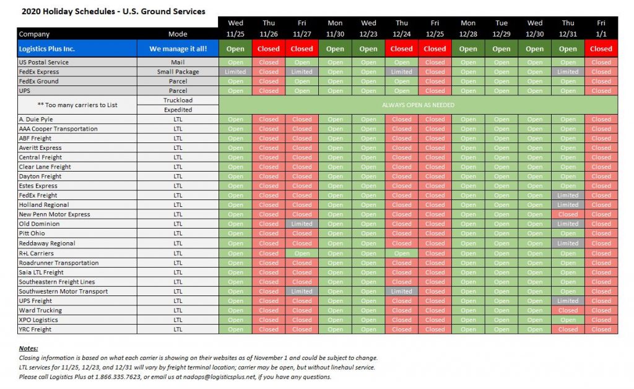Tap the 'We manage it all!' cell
point(178,49)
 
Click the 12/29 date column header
point(502,34)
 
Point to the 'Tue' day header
point(502,23)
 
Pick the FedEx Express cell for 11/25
point(235,72)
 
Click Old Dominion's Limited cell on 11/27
point(302,224)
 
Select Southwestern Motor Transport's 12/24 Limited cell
point(402,292)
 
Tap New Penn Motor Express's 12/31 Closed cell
point(568,214)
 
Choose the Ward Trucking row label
point(41,310)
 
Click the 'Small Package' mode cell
point(178,72)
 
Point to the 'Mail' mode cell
point(178,63)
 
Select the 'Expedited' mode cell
point(178,110)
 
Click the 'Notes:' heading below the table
point(28,349)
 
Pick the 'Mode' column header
point(178,34)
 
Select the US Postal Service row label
point(44,63)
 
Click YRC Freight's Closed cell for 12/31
point(568,330)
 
